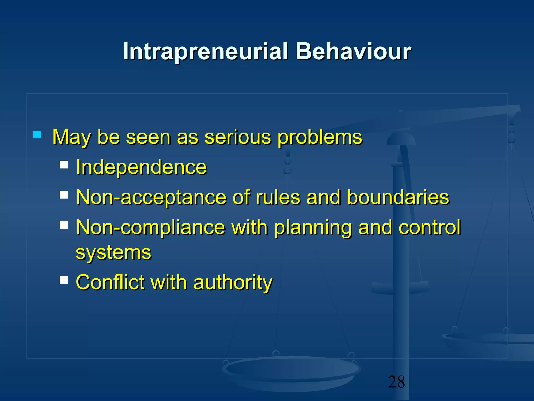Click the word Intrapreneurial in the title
pos(205,51)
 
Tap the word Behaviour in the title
pos(353,51)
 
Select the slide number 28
pos(396,382)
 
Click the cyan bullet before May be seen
pos(37,134)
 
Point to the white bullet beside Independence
pos(64,165)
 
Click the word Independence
pos(141,167)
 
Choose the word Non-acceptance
pos(151,197)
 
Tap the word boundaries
pos(398,197)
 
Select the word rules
pos(278,197)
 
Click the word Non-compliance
pos(150,228)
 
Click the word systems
pos(113,253)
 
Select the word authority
pos(233,283)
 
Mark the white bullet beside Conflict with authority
pos(64,280)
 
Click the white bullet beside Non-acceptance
pos(64,195)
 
